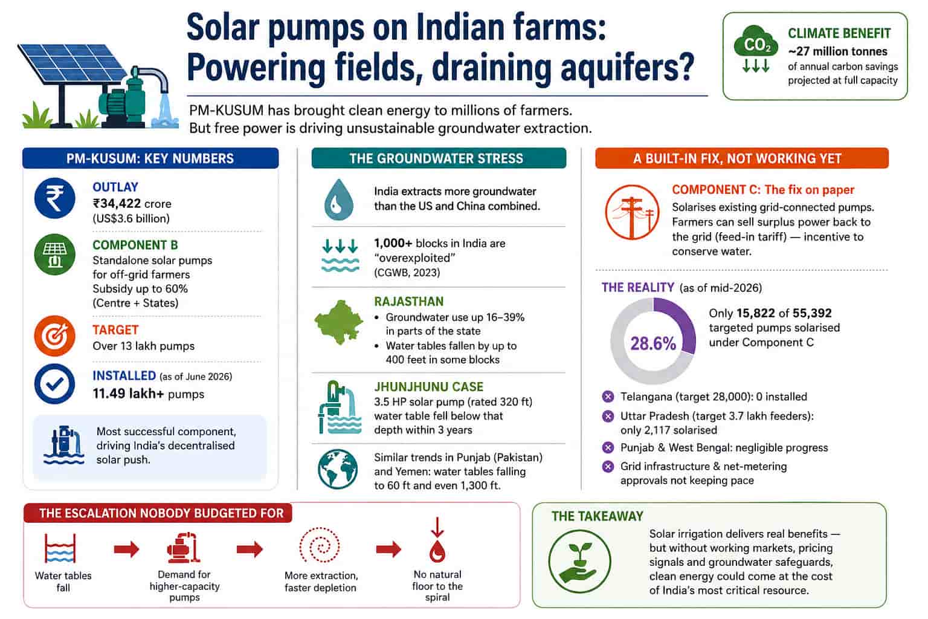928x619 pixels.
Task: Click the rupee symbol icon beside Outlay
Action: (x=55, y=199)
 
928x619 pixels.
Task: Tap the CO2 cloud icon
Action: (x=756, y=42)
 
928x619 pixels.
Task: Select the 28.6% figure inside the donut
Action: (x=653, y=343)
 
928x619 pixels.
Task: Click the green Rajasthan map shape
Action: (x=339, y=322)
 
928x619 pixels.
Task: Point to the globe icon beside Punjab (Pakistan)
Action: (x=338, y=469)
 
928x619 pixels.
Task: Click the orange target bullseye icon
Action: (x=55, y=336)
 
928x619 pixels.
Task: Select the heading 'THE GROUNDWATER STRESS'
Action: (x=436, y=158)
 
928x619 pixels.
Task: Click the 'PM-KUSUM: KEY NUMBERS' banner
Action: (x=150, y=158)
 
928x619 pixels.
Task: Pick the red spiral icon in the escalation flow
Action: (x=320, y=545)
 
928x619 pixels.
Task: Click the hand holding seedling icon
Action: (x=579, y=562)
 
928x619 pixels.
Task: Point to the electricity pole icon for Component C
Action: (x=632, y=212)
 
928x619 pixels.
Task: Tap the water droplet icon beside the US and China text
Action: (x=339, y=199)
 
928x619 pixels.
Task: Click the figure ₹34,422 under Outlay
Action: (x=117, y=204)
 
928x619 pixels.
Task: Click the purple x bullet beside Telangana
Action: (x=608, y=397)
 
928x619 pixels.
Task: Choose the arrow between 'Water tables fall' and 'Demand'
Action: (x=126, y=549)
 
